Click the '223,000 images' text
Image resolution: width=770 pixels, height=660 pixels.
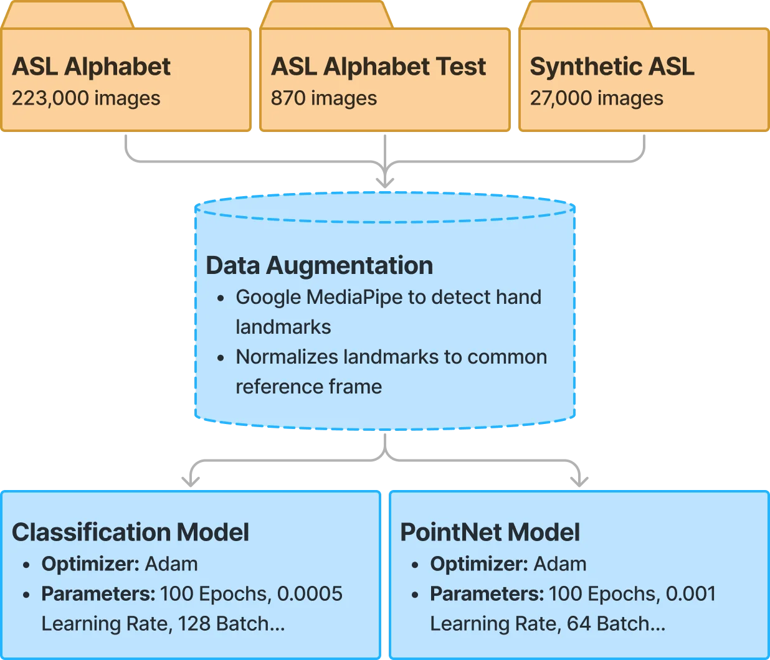(86, 98)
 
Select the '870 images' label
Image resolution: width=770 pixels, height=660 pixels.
(324, 98)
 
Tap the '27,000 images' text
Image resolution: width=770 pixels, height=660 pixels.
(596, 98)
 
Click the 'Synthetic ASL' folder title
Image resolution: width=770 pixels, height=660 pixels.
(612, 67)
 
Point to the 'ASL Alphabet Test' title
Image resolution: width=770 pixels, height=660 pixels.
(378, 67)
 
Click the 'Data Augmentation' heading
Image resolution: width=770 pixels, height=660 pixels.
(319, 265)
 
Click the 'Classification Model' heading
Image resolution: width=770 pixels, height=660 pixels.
(130, 532)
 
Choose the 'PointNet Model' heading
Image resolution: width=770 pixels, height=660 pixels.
(490, 532)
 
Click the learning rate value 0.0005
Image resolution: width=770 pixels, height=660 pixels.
(310, 593)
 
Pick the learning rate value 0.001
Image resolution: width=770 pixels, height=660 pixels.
(690, 593)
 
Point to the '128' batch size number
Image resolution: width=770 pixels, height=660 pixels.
(194, 623)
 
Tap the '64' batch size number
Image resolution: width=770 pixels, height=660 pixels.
(579, 623)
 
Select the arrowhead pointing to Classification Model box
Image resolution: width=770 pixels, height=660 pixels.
(191, 482)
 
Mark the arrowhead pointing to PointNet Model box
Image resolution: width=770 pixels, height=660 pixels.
(579, 482)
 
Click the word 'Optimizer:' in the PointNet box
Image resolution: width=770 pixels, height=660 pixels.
(479, 563)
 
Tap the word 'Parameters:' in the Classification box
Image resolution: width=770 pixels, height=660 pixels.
(98, 593)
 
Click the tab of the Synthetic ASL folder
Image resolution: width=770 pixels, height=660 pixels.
(586, 14)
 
